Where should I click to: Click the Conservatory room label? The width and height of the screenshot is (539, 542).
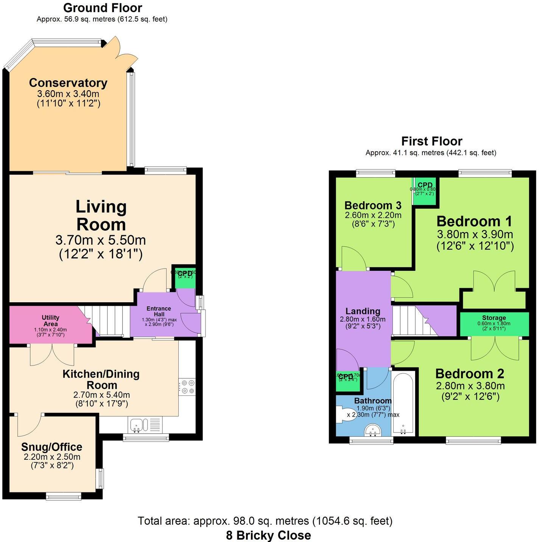tap(68, 83)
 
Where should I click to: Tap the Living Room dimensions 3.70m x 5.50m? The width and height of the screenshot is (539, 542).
tap(101, 240)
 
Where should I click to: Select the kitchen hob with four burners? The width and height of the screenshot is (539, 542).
tap(187, 387)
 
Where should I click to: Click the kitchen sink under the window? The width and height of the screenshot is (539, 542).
tap(136, 425)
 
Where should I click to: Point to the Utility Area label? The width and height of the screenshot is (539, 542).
tap(50, 320)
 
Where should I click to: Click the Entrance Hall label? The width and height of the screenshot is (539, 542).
tap(159, 311)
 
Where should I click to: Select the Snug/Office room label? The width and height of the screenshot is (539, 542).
tap(51, 447)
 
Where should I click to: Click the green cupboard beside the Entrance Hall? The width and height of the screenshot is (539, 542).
tap(185, 276)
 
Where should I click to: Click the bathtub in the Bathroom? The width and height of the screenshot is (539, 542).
tap(403, 403)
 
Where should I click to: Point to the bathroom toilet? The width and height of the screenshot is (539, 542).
tap(343, 414)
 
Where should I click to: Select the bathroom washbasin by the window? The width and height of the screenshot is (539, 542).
tap(373, 430)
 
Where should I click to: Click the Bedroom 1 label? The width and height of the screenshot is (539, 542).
tap(474, 221)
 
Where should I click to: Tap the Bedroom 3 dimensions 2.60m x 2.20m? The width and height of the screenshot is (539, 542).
tap(373, 215)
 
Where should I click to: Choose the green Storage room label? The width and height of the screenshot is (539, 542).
tap(494, 318)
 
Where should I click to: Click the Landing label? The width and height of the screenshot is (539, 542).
tap(363, 311)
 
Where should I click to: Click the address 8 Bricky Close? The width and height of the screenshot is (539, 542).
tap(268, 535)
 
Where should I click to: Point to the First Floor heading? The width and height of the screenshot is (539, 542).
tap(432, 141)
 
